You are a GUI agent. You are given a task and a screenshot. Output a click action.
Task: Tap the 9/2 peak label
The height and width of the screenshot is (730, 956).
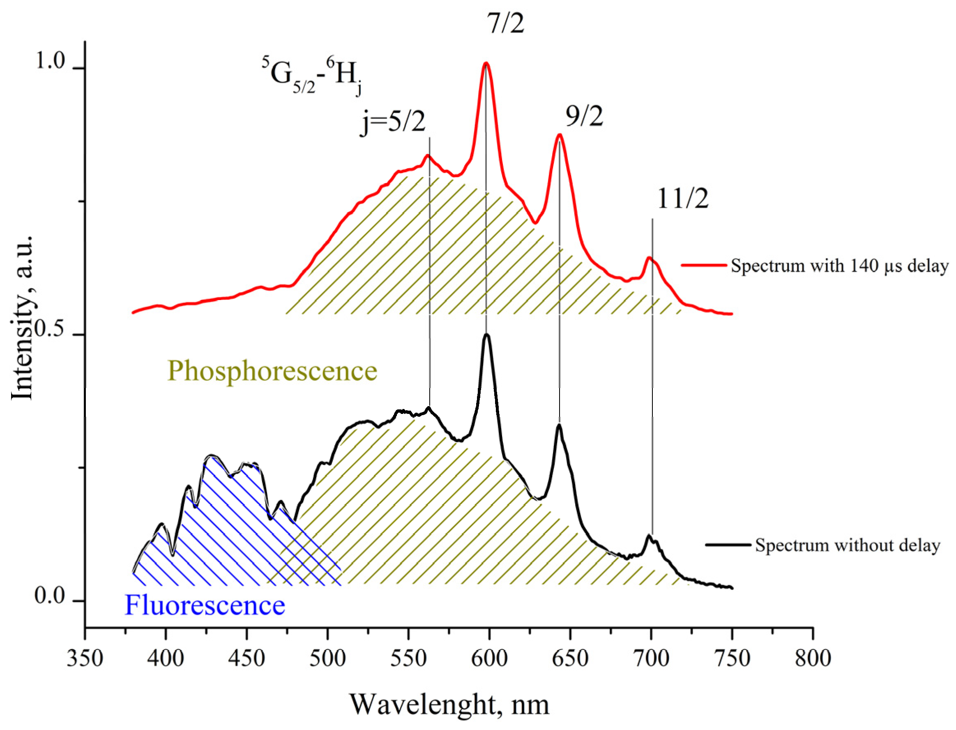[584, 116]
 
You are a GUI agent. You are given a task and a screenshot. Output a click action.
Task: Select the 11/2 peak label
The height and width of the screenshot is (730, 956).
[682, 199]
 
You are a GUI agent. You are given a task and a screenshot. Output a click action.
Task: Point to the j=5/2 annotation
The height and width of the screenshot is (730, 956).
[393, 122]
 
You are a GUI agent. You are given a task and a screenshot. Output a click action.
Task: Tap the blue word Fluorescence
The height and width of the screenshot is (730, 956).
[205, 605]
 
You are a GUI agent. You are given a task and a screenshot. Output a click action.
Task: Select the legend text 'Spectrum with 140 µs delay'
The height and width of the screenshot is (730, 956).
[839, 266]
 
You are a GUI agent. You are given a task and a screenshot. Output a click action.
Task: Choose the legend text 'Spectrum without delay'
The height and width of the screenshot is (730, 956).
[847, 545]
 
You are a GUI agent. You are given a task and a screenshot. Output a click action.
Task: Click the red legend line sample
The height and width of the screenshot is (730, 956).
[703, 265]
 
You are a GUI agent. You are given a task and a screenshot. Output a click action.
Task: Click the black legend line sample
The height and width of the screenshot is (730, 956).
[728, 545]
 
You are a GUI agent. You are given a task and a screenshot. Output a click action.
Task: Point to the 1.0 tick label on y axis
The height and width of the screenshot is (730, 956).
[51, 60]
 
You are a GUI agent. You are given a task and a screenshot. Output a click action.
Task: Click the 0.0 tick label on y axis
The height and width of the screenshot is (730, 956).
[50, 596]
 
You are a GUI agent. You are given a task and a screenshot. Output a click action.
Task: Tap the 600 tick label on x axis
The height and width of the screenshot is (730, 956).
[489, 658]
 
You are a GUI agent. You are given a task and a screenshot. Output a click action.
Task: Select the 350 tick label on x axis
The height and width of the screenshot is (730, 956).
[85, 658]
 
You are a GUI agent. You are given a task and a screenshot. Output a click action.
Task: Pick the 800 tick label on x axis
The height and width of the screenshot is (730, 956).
[813, 658]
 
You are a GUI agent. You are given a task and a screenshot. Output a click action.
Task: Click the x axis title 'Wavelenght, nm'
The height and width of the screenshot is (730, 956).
[449, 705]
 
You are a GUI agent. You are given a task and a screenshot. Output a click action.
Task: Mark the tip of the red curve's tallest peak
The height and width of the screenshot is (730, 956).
[486, 63]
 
